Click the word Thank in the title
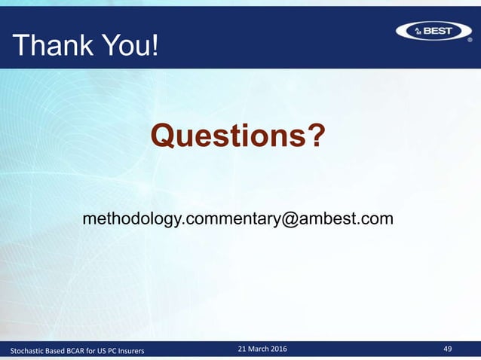point(49,47)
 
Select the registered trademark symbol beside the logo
point(470,41)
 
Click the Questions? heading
point(238,136)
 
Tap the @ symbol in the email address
point(290,219)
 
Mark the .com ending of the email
point(375,219)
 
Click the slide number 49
point(448,349)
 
